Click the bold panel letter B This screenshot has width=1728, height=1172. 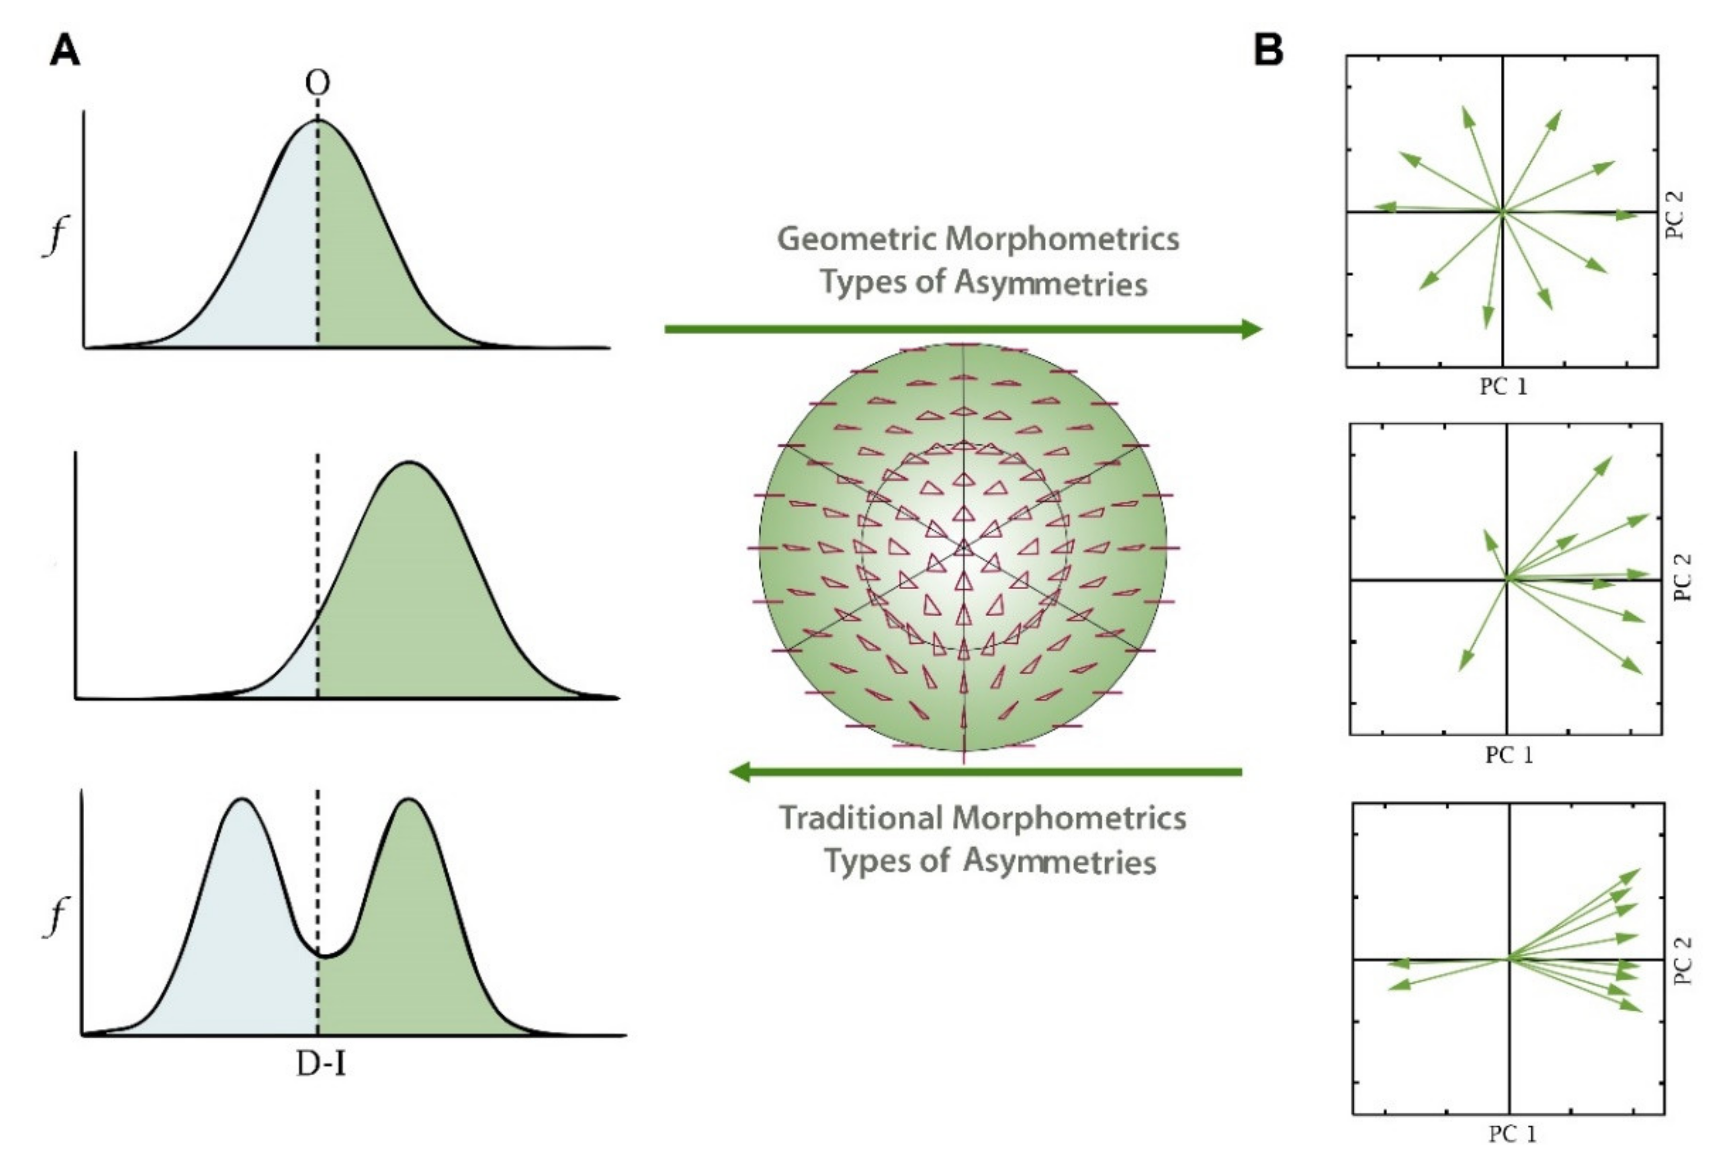pyautogui.click(x=1268, y=50)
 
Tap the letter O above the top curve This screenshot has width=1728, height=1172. pyautogui.click(x=318, y=83)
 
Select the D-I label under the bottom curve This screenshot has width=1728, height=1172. pyautogui.click(x=320, y=1065)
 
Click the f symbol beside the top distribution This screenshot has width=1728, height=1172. pyautogui.click(x=54, y=237)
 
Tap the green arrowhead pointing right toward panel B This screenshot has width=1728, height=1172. pyautogui.click(x=1251, y=329)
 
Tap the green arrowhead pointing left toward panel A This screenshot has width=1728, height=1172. pyautogui.click(x=741, y=772)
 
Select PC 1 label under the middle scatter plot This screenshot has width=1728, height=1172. pyautogui.click(x=1509, y=755)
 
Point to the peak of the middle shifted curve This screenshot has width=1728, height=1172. pyautogui.click(x=410, y=463)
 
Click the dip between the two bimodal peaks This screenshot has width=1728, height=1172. pyautogui.click(x=321, y=954)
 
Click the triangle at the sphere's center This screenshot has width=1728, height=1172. pyautogui.click(x=964, y=548)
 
